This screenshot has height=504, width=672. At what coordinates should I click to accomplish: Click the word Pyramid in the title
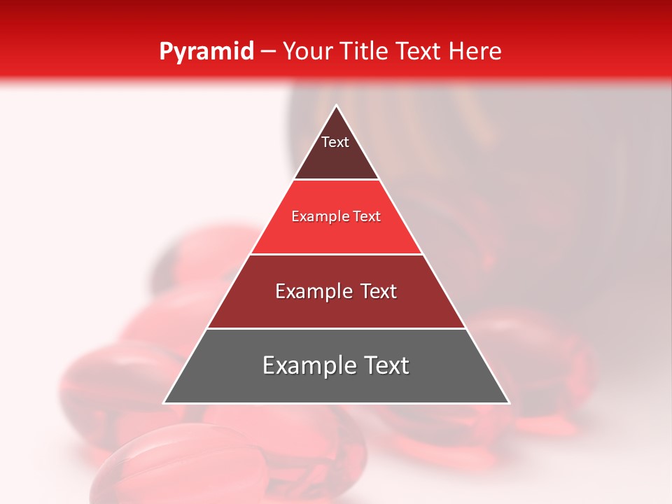click(x=206, y=52)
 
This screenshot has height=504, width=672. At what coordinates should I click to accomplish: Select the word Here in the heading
click(x=475, y=51)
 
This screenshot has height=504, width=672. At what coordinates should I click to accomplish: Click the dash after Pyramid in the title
click(x=268, y=52)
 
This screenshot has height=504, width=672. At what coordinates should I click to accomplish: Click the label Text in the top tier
click(x=335, y=142)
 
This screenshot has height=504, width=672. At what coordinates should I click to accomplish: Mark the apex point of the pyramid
click(x=336, y=106)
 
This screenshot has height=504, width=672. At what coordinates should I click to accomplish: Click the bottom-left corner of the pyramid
click(x=164, y=402)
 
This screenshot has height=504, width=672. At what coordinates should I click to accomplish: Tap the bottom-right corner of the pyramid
click(x=509, y=402)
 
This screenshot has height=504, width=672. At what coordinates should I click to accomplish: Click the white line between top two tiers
click(x=336, y=179)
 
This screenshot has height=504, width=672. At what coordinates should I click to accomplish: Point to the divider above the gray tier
click(x=336, y=328)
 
